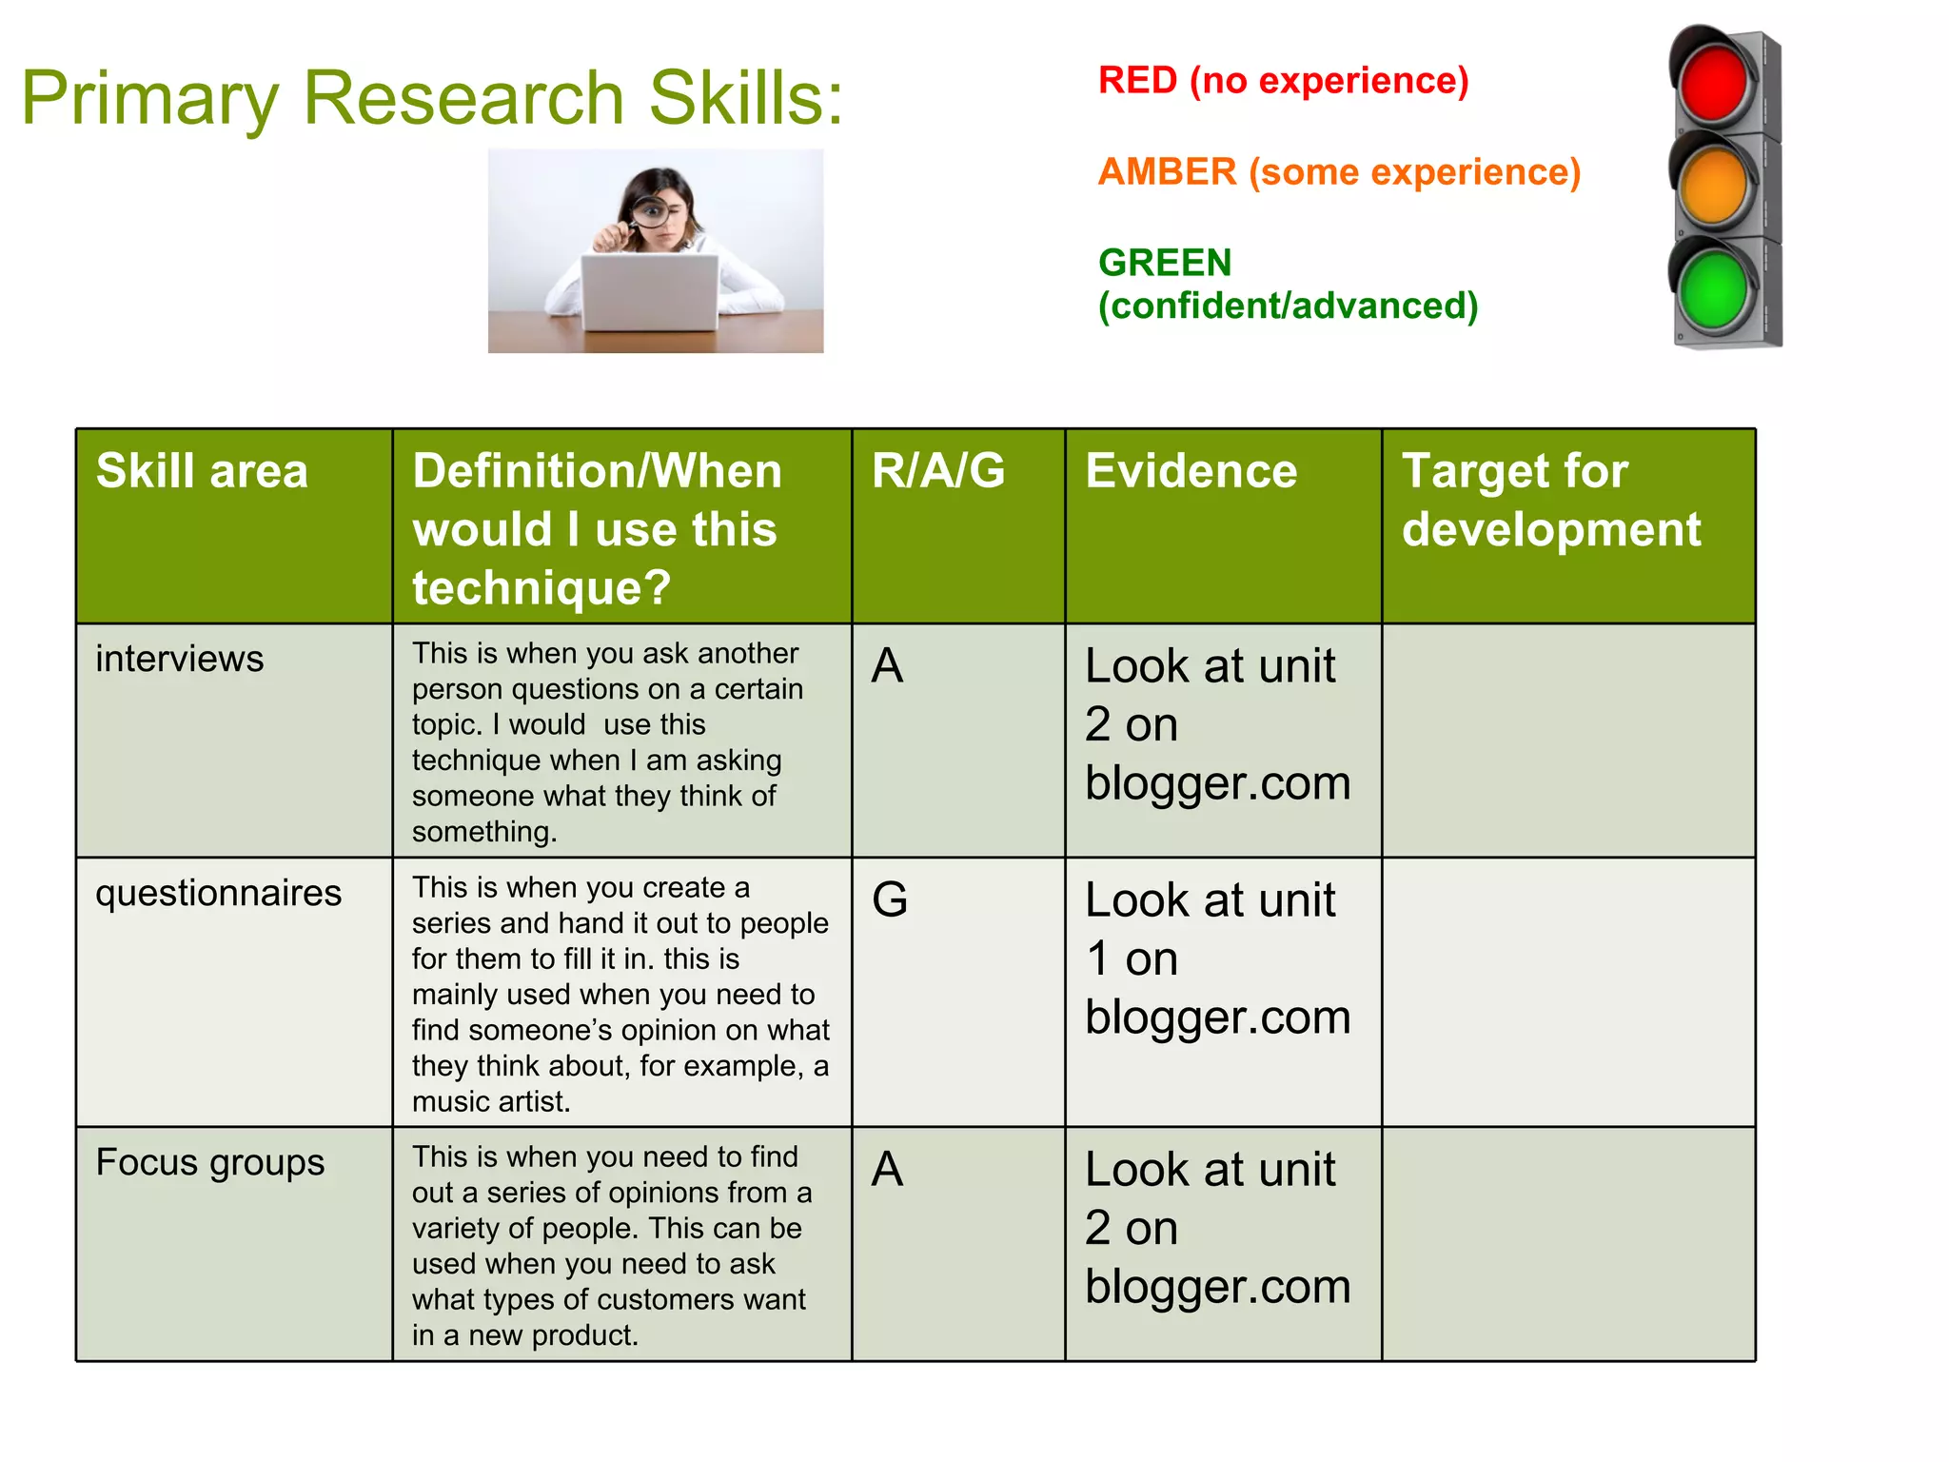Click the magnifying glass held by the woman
pyautogui.click(x=650, y=211)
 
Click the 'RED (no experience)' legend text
pyautogui.click(x=1283, y=81)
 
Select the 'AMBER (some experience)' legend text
pyautogui.click(x=1339, y=172)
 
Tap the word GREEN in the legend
pyautogui.click(x=1165, y=263)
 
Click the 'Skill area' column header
pyautogui.click(x=202, y=471)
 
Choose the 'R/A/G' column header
pyautogui.click(x=938, y=471)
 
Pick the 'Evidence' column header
pyautogui.click(x=1191, y=471)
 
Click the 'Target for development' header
pyautogui.click(x=1550, y=500)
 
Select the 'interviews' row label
pyautogui.click(x=179, y=659)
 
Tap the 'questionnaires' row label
pyautogui.click(x=218, y=893)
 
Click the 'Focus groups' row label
pyautogui.click(x=209, y=1162)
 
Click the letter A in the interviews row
pyautogui.click(x=887, y=665)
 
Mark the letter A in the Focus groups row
pyautogui.click(x=887, y=1169)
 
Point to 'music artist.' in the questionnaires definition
pyautogui.click(x=491, y=1102)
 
